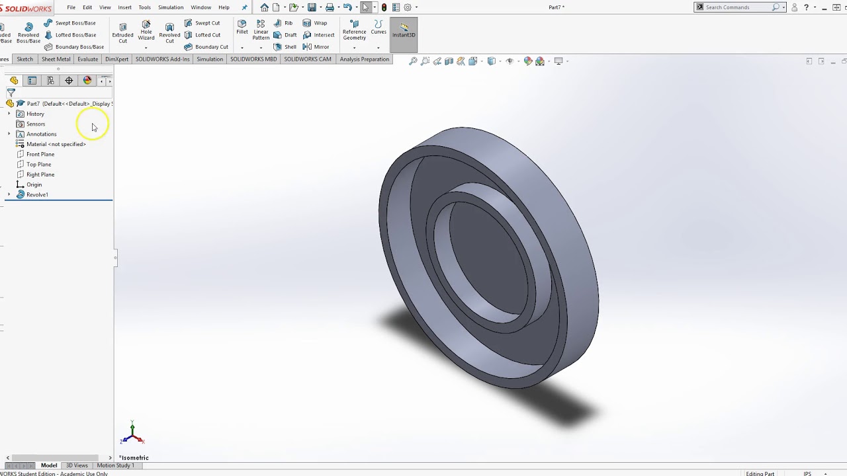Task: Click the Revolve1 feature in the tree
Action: point(37,195)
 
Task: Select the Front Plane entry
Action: point(40,154)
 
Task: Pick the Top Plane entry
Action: point(38,165)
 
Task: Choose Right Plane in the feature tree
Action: point(40,175)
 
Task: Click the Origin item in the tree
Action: point(34,184)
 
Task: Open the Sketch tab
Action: point(24,59)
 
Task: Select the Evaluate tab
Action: point(87,59)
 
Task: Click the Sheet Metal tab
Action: point(56,59)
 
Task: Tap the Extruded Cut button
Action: point(122,33)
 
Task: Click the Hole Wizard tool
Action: point(146,33)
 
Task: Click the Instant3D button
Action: point(404,30)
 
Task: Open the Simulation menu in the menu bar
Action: point(171,7)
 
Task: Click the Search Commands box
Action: point(738,7)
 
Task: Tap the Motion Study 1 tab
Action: point(115,465)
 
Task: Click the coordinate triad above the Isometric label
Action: point(132,434)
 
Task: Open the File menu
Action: point(71,7)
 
